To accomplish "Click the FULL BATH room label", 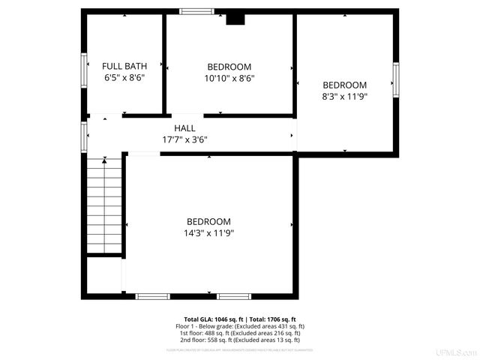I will click(x=123, y=66).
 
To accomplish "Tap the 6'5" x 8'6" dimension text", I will click(x=123, y=77).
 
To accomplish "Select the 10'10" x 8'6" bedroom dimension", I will click(x=229, y=78).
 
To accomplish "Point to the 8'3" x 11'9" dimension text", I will click(x=344, y=96).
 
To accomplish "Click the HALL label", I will click(x=184, y=128).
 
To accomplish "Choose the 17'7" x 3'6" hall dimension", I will click(x=184, y=139).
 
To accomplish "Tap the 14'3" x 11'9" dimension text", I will click(x=208, y=233).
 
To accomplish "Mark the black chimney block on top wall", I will click(x=236, y=19).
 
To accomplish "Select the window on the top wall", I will click(x=196, y=11).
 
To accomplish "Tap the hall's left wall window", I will click(x=84, y=136).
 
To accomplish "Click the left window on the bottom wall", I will click(x=152, y=295).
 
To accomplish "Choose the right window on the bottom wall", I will click(x=235, y=295).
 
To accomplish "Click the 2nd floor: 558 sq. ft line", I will click(x=240, y=340).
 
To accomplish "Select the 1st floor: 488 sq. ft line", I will click(x=240, y=333).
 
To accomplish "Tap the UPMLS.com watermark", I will click(x=459, y=352).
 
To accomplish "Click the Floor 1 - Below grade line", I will click(x=240, y=326).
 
